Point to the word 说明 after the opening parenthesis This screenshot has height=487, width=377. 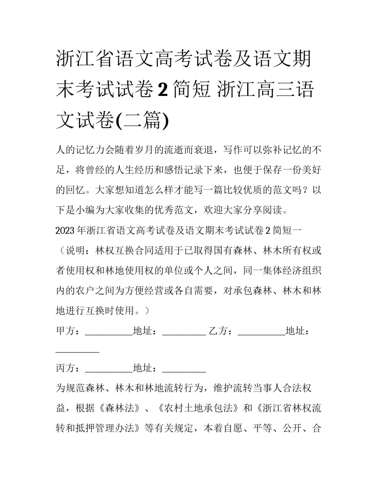pos(75,250)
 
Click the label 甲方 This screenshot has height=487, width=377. pos(65,331)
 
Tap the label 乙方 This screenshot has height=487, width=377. pos(218,331)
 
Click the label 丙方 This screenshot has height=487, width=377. pos(65,369)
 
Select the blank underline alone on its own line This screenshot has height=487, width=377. pos(77,351)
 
